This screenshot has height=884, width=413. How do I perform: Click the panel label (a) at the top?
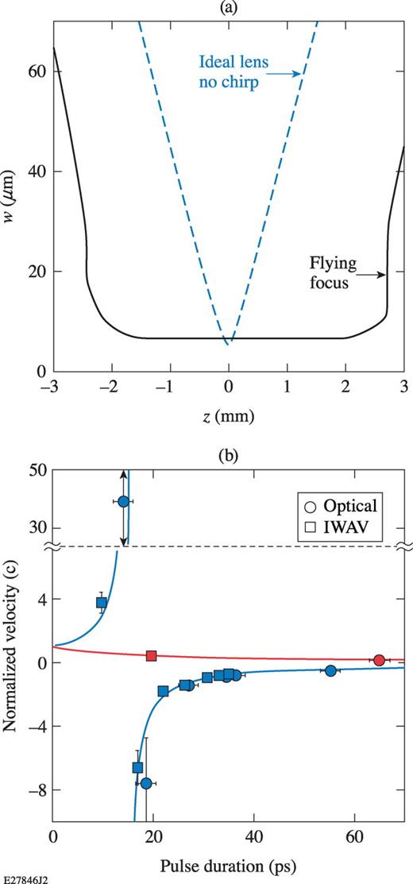click(x=229, y=7)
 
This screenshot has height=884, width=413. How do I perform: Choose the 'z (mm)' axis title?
click(x=229, y=415)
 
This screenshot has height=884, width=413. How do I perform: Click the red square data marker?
click(x=152, y=655)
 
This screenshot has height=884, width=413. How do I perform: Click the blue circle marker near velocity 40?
click(x=123, y=501)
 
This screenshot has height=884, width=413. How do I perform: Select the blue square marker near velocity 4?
click(x=102, y=603)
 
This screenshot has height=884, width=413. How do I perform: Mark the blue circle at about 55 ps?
click(x=331, y=671)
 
